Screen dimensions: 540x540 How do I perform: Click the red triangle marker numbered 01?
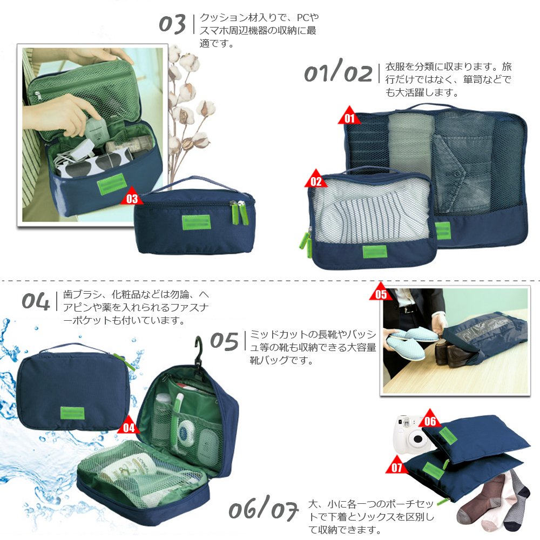[349, 117]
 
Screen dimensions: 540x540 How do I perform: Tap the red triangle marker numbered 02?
[316, 180]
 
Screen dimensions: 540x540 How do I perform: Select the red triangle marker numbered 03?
[132, 197]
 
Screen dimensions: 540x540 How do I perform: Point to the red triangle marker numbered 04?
[129, 426]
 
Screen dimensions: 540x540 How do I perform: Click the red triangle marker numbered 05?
[381, 292]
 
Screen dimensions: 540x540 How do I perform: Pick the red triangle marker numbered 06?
[430, 419]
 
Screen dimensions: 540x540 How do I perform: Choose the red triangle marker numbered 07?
[397, 465]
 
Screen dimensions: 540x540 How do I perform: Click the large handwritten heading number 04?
[36, 301]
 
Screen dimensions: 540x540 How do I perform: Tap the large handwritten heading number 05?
[224, 341]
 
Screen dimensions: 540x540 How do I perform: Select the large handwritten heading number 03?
[173, 24]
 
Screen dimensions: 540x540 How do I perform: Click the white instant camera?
[411, 433]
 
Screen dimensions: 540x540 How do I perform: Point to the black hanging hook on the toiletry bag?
[199, 352]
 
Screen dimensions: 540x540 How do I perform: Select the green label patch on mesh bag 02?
[375, 252]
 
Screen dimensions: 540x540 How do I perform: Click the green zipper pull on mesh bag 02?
[306, 244]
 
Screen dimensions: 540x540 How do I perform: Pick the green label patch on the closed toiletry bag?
[72, 413]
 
